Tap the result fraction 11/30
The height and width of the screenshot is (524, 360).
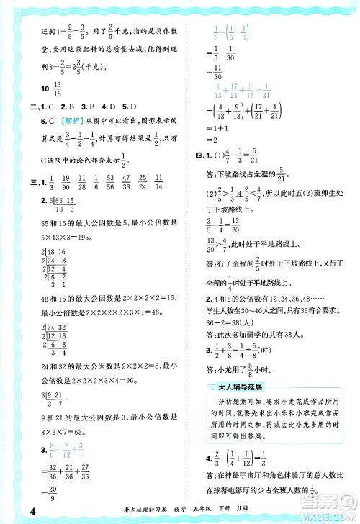click(x=210, y=67)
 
